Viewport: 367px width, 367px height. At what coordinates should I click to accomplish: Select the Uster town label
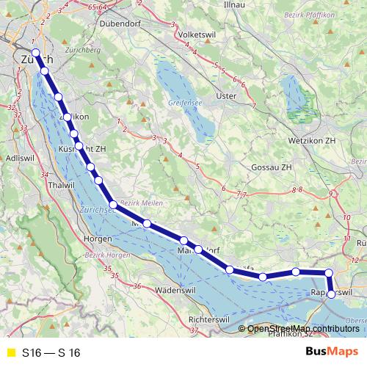(229, 95)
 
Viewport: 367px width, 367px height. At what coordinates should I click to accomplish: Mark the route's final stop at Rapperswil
(331, 294)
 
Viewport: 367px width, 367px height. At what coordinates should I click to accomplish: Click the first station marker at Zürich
(35, 51)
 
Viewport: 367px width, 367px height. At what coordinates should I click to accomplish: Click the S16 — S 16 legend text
(51, 353)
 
